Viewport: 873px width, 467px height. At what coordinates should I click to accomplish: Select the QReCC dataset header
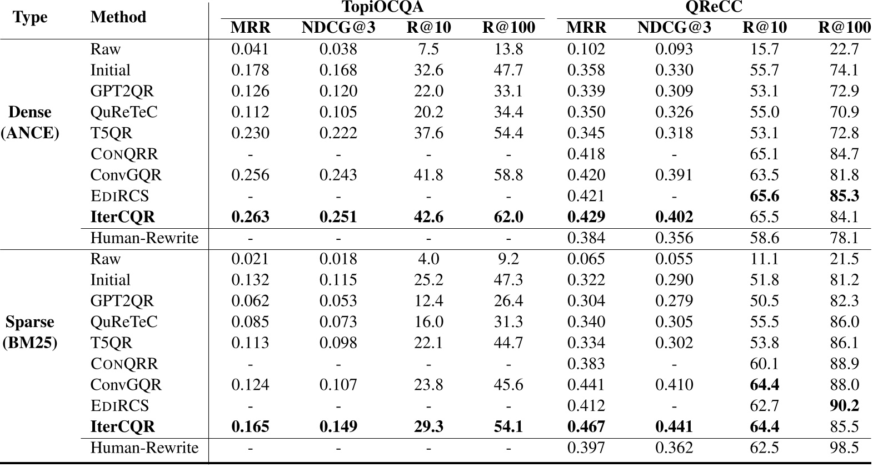pyautogui.click(x=714, y=7)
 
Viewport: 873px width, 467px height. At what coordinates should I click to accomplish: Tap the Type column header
pyautogui.click(x=30, y=17)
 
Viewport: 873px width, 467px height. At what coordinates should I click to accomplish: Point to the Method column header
pyautogui.click(x=118, y=17)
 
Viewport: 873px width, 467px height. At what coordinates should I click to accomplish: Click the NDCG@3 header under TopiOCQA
pyautogui.click(x=338, y=28)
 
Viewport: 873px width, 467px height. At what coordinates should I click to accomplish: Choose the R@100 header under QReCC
pyautogui.click(x=844, y=28)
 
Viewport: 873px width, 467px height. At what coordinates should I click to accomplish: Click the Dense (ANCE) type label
pyautogui.click(x=30, y=122)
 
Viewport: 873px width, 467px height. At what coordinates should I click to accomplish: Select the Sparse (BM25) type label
pyautogui.click(x=30, y=332)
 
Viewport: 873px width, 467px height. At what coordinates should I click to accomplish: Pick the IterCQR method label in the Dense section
pyautogui.click(x=123, y=217)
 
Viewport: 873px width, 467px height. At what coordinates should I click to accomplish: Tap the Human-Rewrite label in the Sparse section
pyautogui.click(x=144, y=448)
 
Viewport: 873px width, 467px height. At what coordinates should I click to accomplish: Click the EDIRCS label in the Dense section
pyautogui.click(x=119, y=196)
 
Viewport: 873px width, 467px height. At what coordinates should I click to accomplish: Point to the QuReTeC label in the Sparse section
pyautogui.click(x=124, y=322)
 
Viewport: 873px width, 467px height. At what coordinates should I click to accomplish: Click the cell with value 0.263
pyautogui.click(x=250, y=217)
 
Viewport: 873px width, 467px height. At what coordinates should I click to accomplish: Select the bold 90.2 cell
pyautogui.click(x=844, y=405)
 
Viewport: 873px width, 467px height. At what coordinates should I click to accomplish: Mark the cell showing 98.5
pyautogui.click(x=844, y=448)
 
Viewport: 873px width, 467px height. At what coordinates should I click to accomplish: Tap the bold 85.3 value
pyautogui.click(x=844, y=196)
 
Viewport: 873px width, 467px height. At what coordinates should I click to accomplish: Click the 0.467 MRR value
pyautogui.click(x=586, y=426)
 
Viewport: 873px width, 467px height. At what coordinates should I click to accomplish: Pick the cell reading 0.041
pyautogui.click(x=250, y=49)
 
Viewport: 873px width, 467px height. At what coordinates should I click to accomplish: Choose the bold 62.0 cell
pyautogui.click(x=508, y=217)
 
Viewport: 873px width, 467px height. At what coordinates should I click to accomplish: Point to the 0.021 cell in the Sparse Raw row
pyautogui.click(x=250, y=259)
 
